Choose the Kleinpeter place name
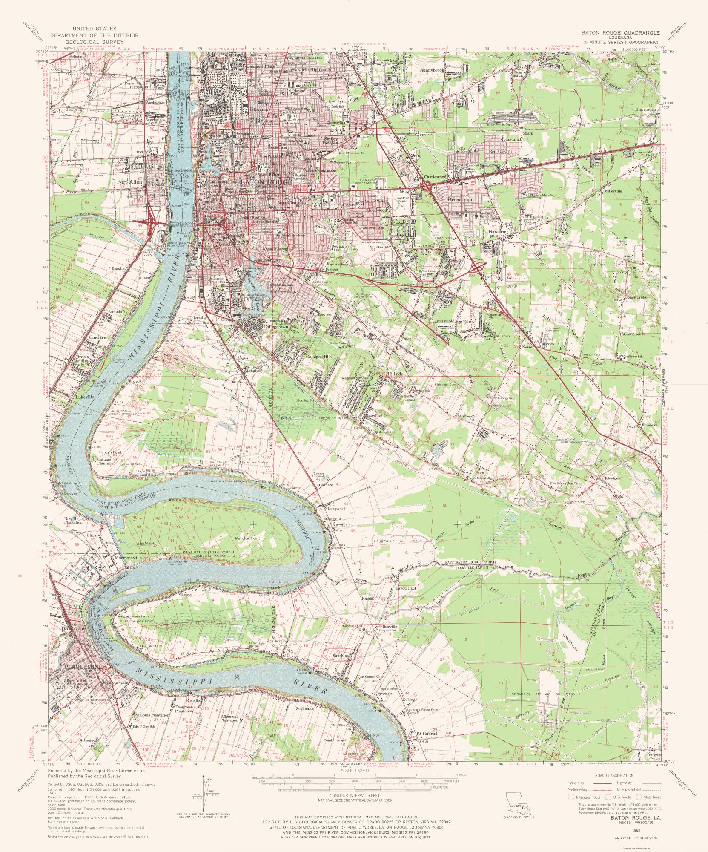pos(614,478)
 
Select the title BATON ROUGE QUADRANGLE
pos(621,33)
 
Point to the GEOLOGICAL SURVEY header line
pos(94,42)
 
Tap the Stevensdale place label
pos(647,109)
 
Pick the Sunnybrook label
pos(432,69)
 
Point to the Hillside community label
pos(395,373)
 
